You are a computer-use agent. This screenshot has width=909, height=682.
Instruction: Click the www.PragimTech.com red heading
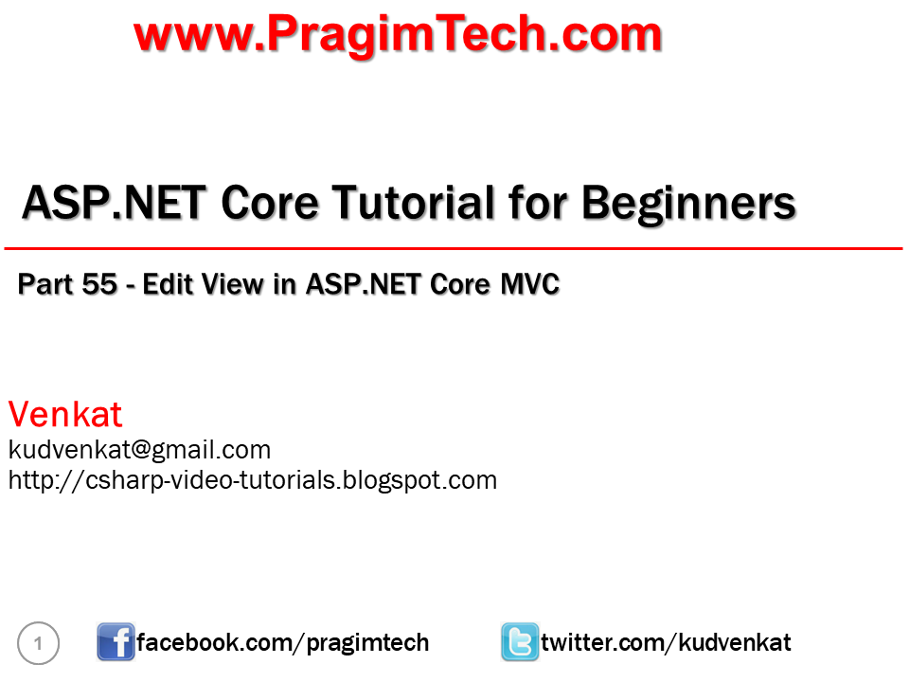(398, 35)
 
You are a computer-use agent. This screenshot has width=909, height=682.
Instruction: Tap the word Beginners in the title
(688, 203)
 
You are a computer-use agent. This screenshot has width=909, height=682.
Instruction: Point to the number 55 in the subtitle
(99, 284)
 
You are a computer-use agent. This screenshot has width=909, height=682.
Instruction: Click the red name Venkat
(65, 415)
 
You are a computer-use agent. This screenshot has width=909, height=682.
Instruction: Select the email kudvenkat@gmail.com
(139, 449)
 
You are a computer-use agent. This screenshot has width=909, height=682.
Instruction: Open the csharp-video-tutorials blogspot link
(252, 480)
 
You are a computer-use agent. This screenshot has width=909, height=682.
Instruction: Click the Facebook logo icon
(116, 642)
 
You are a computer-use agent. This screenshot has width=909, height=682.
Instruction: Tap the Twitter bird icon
(520, 642)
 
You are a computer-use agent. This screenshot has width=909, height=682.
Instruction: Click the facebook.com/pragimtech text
(283, 643)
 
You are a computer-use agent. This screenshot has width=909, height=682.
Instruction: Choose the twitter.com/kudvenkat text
(666, 643)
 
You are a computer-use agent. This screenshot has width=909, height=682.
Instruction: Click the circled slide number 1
(39, 644)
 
